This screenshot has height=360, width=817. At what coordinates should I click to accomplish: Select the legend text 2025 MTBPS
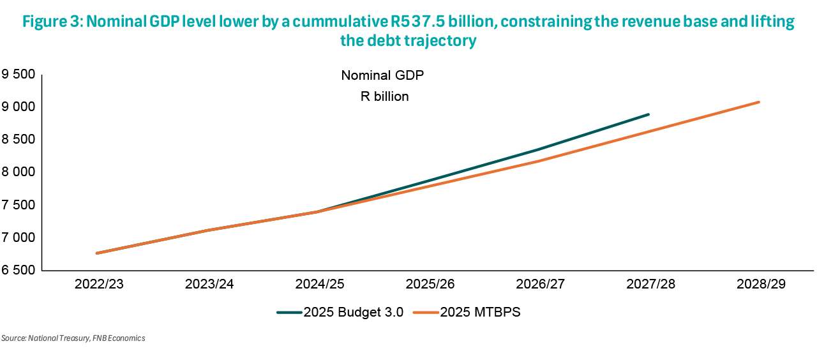(481, 313)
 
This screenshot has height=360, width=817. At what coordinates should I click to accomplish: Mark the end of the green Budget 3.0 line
(648, 114)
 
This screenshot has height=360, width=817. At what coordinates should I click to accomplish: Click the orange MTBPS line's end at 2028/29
(759, 102)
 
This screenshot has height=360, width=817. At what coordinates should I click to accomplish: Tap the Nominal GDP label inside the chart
(382, 75)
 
